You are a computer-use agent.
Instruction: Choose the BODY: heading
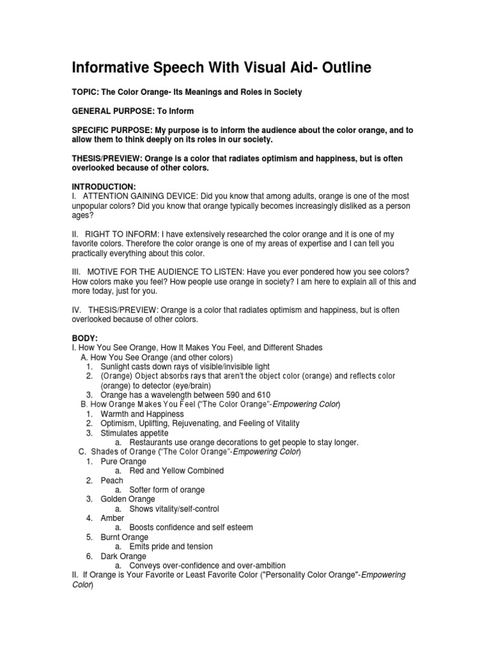pyautogui.click(x=85, y=338)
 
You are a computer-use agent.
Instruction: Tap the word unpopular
pyautogui.click(x=94, y=206)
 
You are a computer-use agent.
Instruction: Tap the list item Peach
pyautogui.click(x=111, y=480)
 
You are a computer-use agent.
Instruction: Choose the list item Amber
pyautogui.click(x=112, y=518)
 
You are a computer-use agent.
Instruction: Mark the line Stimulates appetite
pyautogui.click(x=134, y=433)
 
